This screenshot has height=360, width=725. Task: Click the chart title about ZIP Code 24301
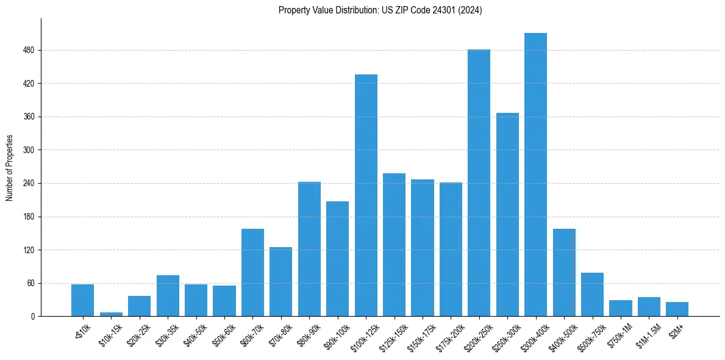pos(380,10)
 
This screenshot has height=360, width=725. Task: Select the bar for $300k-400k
pos(535,175)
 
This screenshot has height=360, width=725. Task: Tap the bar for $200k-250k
pos(479,183)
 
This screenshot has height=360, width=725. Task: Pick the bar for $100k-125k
pos(366,195)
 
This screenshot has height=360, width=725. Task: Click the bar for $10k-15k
pos(111,314)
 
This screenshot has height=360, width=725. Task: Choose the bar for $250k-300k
pos(507,215)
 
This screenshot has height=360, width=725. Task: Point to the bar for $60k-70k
pos(252,273)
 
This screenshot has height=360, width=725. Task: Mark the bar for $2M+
pos(677,309)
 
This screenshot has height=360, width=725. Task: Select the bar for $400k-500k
pos(564,273)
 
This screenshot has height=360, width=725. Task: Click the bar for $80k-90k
pos(309,249)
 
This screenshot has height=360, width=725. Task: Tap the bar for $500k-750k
pos(592,295)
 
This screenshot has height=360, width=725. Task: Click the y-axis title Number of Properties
pos(9,168)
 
